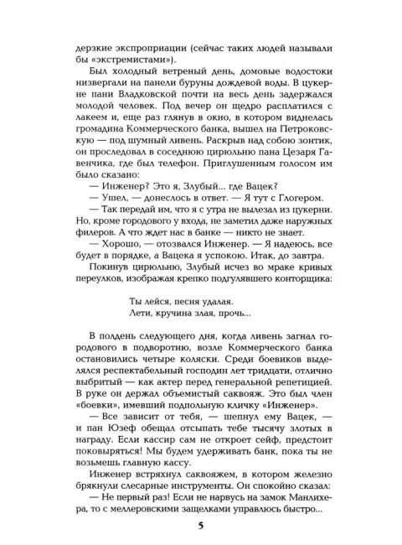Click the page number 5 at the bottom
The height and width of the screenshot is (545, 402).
tap(201, 526)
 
